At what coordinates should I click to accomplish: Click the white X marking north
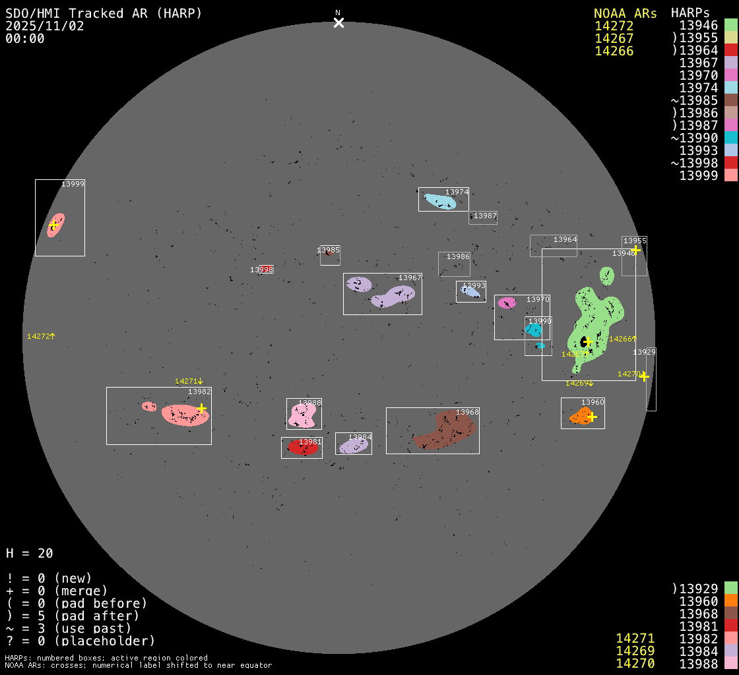click(338, 23)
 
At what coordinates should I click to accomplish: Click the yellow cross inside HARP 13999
click(53, 225)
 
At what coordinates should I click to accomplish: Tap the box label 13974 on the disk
click(457, 192)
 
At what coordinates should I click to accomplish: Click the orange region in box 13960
click(581, 417)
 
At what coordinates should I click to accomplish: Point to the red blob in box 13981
click(303, 448)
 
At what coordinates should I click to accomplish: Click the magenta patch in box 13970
click(507, 303)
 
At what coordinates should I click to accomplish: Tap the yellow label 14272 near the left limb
click(38, 336)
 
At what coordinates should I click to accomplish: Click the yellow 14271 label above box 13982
click(186, 381)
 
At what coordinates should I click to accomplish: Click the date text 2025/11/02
click(45, 26)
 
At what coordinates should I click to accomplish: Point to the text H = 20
click(30, 553)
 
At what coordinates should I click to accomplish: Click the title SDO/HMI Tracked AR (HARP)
click(104, 13)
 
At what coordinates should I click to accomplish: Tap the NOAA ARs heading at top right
click(625, 13)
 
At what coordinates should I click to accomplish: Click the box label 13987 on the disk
click(485, 216)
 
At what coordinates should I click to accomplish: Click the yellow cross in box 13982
click(201, 409)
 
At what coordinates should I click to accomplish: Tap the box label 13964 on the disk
click(565, 239)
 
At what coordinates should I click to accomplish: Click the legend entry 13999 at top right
click(699, 175)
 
